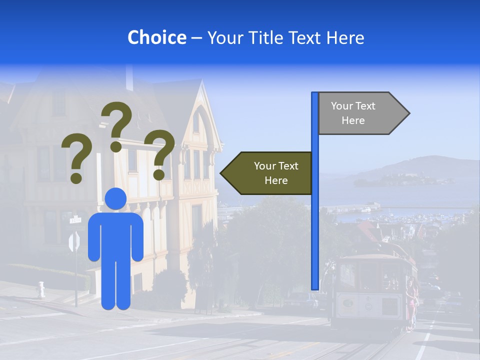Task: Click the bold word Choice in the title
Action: pos(156,37)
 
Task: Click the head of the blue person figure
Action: pos(116,198)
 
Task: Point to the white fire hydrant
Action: pos(41,289)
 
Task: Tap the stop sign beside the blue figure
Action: pos(74,242)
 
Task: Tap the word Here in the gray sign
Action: pos(353,120)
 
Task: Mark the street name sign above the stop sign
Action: pos(75,219)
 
